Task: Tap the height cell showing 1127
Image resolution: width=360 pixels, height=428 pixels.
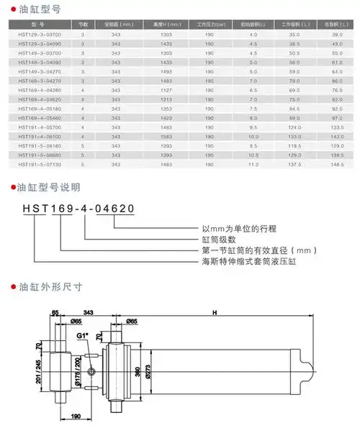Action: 167,90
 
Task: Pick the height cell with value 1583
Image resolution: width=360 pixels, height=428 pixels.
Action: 167,137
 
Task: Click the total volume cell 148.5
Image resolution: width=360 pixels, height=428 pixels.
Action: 336,165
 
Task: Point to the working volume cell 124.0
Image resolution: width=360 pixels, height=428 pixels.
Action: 294,127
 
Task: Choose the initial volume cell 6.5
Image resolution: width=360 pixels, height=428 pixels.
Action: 253,90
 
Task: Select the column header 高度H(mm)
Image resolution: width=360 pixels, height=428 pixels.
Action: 167,24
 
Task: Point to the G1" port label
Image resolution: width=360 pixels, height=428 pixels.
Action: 83,334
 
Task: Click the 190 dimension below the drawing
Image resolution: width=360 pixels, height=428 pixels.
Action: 75,416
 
